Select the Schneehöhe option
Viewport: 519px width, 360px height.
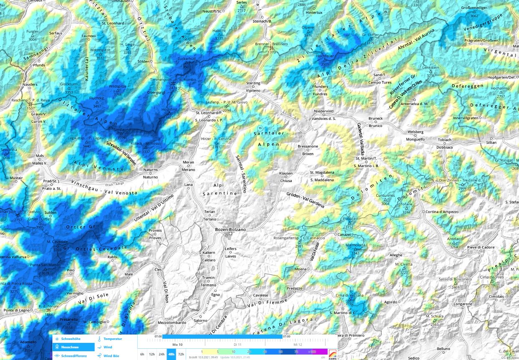pos(71,339)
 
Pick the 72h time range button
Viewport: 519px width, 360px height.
pos(181,354)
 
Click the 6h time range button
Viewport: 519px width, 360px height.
pos(142,354)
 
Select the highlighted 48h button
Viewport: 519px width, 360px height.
pos(171,354)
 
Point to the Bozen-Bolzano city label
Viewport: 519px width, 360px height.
pos(230,230)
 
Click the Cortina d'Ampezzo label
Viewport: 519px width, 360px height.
pos(442,212)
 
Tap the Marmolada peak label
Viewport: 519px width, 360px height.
pos(355,245)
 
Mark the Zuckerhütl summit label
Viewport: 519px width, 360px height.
pos(187,59)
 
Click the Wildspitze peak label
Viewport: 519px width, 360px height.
pos(117,86)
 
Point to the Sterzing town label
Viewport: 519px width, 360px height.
pos(253,83)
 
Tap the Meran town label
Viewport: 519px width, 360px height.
pos(188,162)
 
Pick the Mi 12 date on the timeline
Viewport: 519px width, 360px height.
pos(297,345)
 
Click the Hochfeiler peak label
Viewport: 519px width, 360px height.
pos(325,56)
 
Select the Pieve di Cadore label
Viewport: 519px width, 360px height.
pos(480,247)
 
